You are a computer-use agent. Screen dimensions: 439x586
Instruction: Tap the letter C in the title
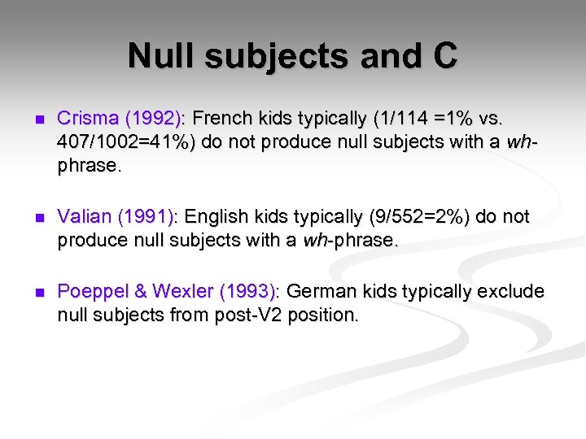[x=444, y=57]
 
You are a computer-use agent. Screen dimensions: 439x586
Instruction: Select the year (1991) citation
[x=147, y=217]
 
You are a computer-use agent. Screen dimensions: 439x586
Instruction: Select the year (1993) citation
[x=249, y=291]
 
